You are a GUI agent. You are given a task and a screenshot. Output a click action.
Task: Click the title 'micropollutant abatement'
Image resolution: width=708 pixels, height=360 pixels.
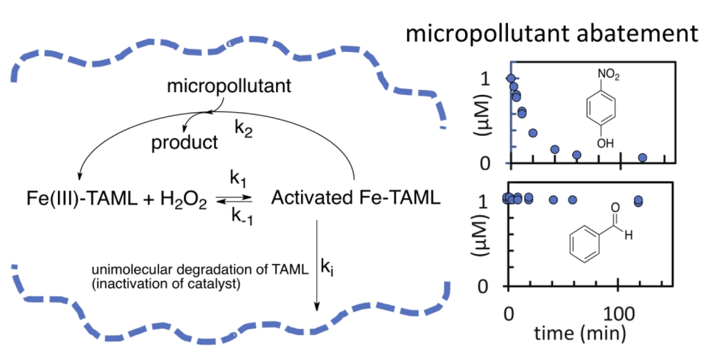click(551, 33)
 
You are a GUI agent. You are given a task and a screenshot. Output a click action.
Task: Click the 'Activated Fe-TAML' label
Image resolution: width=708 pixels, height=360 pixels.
click(355, 198)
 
